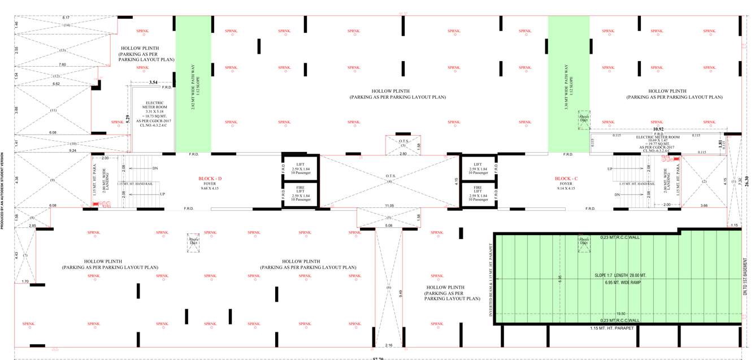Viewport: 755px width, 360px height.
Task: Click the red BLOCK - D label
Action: coord(210,179)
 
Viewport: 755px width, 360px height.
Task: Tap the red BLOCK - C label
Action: coord(566,179)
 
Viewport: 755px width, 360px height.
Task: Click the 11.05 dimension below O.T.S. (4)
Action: coord(389,206)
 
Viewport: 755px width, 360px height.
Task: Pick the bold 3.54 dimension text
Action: coord(153,83)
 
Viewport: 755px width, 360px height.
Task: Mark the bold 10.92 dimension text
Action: coord(658,128)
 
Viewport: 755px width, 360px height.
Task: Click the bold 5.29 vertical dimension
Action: coord(128,119)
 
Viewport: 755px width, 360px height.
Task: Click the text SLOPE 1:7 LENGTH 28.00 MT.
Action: coord(621,275)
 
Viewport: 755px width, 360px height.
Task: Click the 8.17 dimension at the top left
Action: coord(66,18)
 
